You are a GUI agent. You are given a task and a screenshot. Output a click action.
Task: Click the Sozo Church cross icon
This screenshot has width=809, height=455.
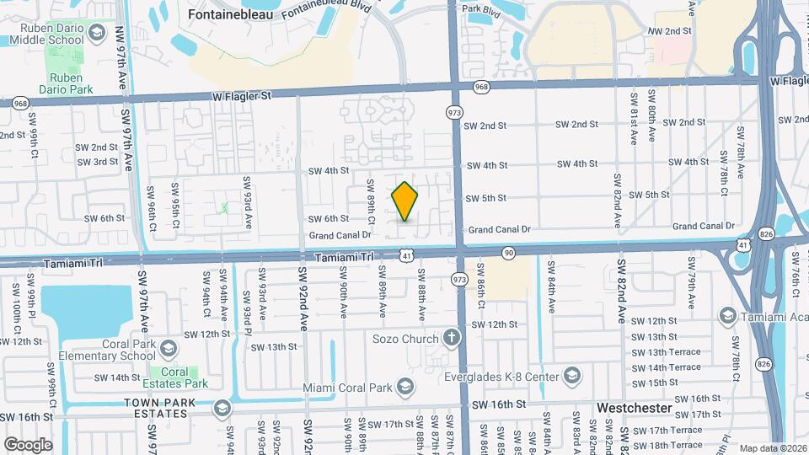point(452,339)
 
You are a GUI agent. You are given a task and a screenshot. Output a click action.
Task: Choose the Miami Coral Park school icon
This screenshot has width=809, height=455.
point(405,387)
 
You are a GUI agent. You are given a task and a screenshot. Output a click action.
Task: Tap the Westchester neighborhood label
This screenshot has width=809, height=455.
point(634,408)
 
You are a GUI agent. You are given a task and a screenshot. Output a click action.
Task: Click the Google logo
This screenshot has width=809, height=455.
point(28,444)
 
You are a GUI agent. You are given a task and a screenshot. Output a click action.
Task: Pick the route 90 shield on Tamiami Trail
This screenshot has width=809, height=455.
point(508,252)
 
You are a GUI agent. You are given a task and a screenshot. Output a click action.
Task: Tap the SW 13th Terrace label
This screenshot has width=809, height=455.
point(666,352)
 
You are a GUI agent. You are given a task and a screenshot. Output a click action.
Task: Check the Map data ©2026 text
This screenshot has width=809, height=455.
point(771,448)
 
